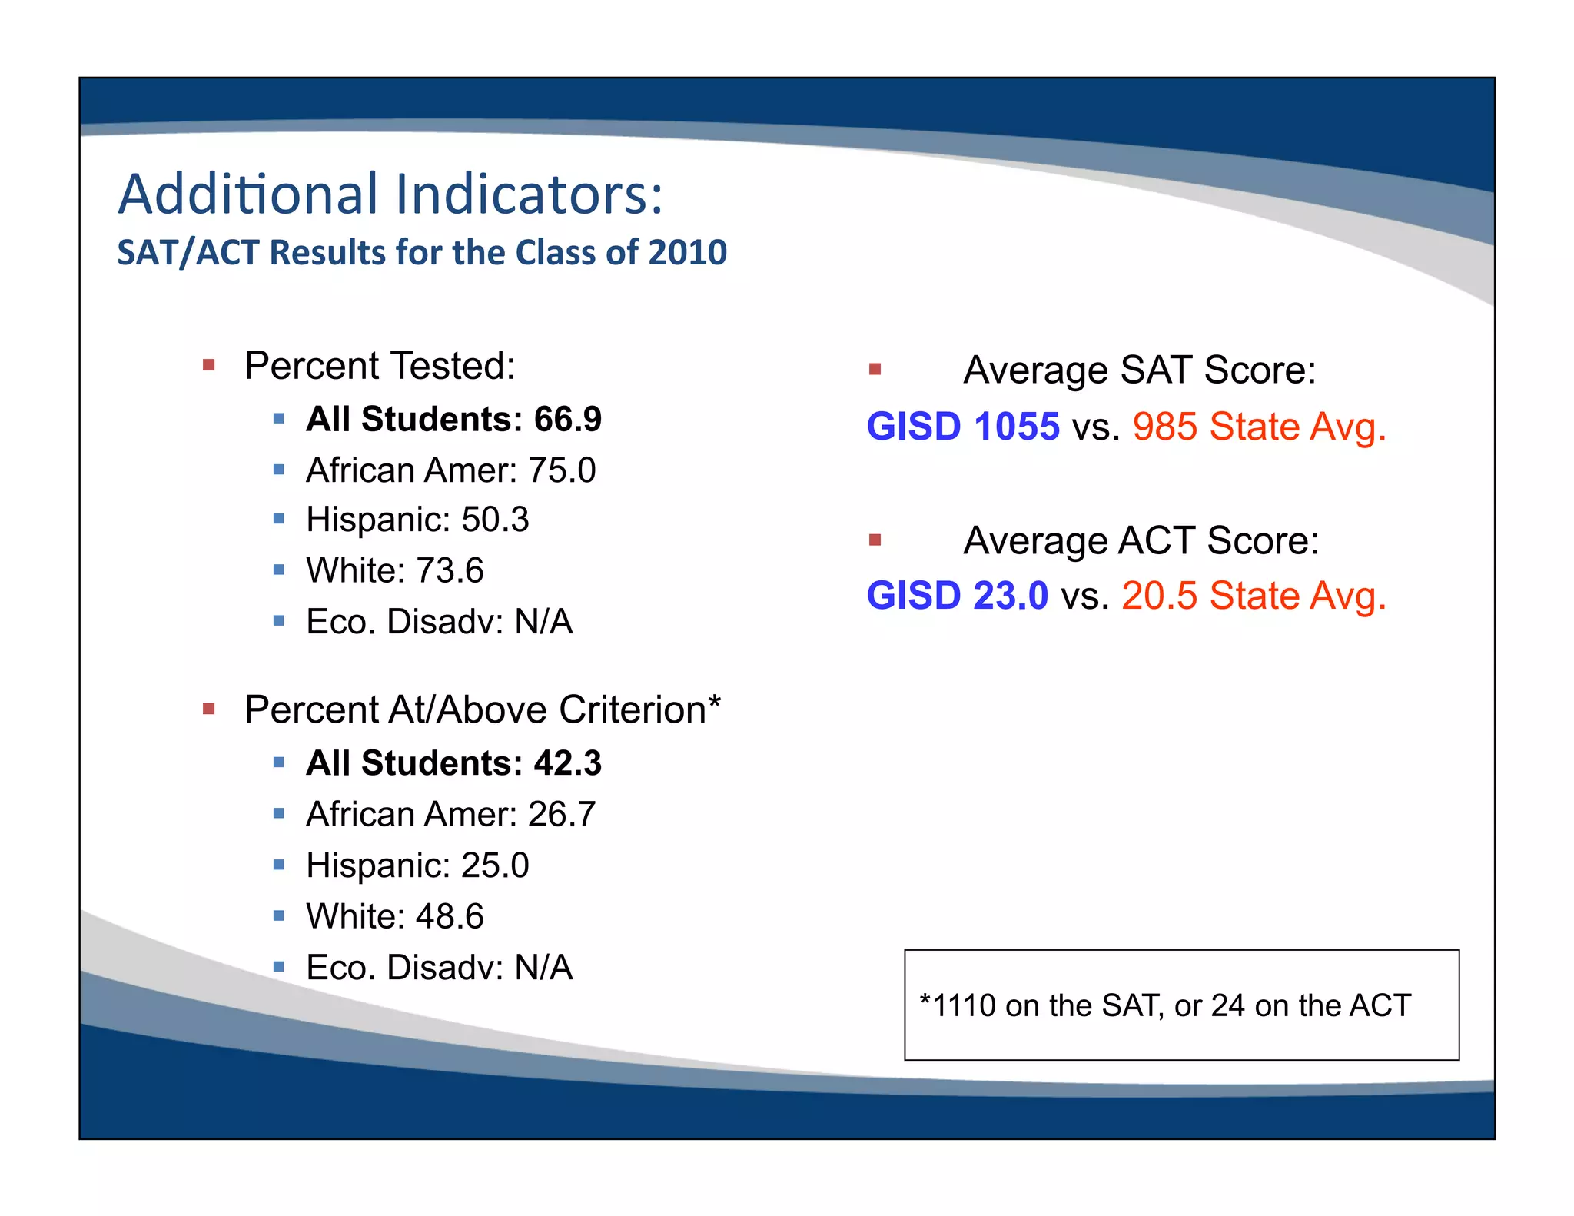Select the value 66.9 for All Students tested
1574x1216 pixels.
point(567,420)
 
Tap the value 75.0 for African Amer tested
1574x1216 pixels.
point(561,470)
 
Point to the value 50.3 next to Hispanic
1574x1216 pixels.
point(495,520)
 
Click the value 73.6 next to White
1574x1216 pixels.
point(450,571)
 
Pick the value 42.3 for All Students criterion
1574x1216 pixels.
point(567,763)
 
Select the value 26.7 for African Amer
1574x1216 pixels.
point(561,815)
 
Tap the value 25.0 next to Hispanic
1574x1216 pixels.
point(495,865)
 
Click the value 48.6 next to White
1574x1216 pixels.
point(450,916)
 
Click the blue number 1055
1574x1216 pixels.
point(1016,427)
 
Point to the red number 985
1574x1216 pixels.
point(1164,427)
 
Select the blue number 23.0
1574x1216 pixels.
point(1010,596)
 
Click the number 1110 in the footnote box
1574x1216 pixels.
point(964,1005)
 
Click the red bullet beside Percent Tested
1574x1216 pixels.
point(208,365)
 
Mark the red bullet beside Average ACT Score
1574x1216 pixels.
point(875,540)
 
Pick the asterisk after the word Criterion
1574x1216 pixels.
point(715,701)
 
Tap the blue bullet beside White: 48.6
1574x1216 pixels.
point(279,915)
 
